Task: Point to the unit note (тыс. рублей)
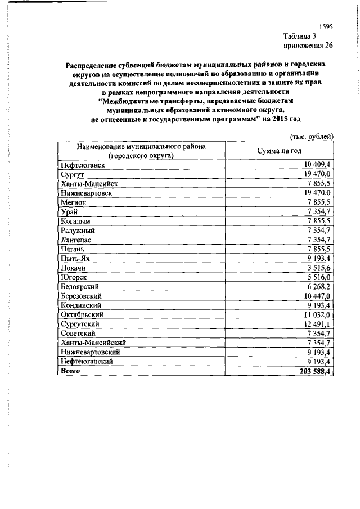(312, 136)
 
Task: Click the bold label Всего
(71, 372)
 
